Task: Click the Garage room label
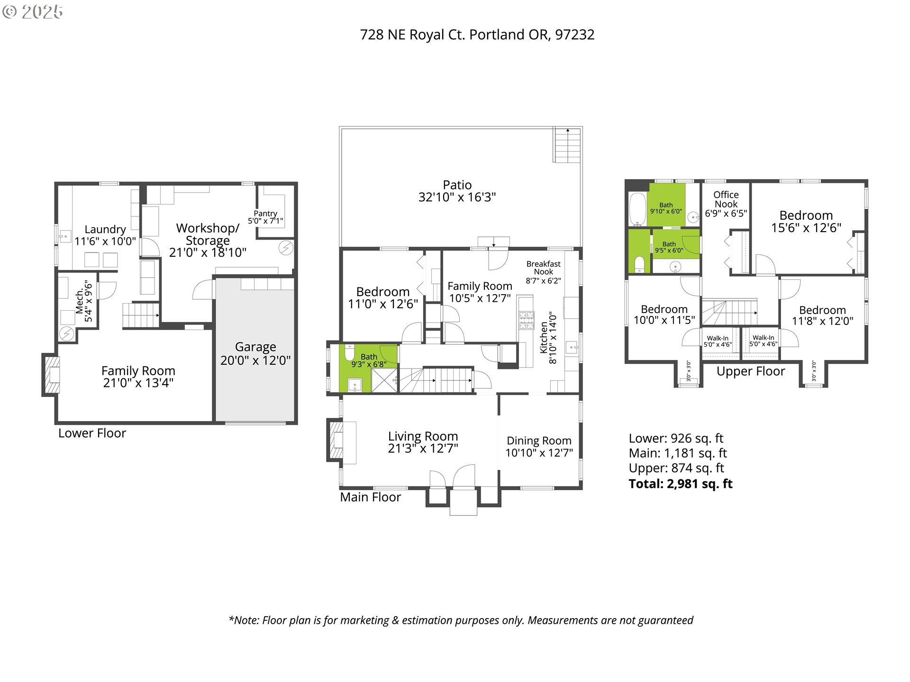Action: click(x=255, y=347)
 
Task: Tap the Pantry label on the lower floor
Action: click(x=265, y=214)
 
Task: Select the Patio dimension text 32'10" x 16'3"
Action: click(x=457, y=197)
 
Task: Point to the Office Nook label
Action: click(x=726, y=199)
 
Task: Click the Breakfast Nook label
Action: click(x=543, y=268)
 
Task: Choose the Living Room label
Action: click(x=423, y=436)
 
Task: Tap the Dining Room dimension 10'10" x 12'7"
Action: click(x=539, y=453)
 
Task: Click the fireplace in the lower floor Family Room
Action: click(x=51, y=375)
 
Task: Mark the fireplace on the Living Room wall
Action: click(x=336, y=440)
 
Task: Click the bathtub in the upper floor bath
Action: click(x=637, y=209)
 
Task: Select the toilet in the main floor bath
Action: click(x=350, y=353)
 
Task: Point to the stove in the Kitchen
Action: click(x=526, y=320)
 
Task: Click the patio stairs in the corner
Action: click(x=567, y=145)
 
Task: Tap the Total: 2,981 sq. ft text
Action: click(x=680, y=484)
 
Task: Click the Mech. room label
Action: click(x=80, y=302)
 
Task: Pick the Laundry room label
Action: click(x=105, y=230)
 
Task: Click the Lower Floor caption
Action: click(x=92, y=433)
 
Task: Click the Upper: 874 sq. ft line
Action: click(x=676, y=468)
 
